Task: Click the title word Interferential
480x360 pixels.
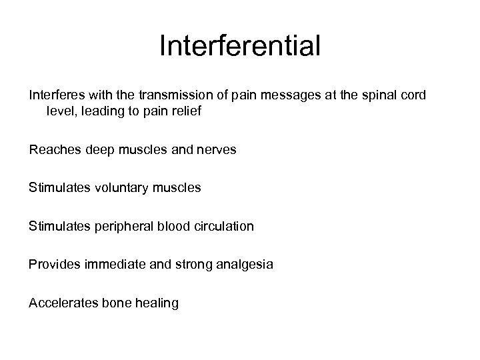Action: tap(240, 46)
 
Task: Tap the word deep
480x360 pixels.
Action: tap(99, 151)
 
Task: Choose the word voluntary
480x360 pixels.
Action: tap(117, 189)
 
